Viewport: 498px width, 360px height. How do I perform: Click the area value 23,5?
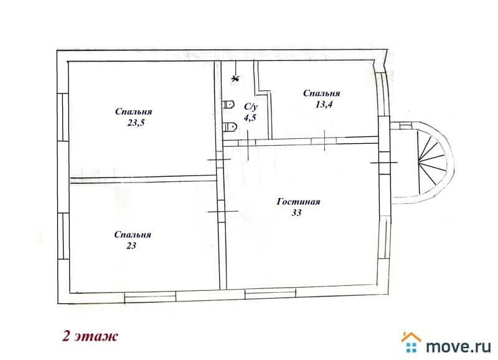[136, 123]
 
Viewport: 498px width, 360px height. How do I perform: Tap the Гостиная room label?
[298, 202]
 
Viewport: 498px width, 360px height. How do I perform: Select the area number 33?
[296, 212]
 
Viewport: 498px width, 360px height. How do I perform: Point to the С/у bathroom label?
[251, 107]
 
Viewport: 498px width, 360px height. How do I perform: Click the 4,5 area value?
[250, 118]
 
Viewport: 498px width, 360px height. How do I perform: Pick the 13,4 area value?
[324, 105]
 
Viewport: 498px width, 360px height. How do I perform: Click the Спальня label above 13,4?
[321, 93]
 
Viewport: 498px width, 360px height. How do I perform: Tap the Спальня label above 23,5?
[133, 111]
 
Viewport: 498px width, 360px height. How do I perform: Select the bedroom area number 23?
[131, 245]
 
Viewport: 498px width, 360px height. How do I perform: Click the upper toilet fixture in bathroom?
[228, 105]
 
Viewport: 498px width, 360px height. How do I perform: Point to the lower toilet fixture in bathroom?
[230, 127]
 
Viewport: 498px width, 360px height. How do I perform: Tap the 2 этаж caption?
[90, 336]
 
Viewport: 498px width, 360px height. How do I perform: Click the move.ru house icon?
[411, 342]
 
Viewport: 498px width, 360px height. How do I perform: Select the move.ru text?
[458, 346]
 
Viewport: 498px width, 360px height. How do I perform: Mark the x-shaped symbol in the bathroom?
[235, 78]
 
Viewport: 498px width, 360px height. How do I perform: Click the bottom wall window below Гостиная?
[270, 294]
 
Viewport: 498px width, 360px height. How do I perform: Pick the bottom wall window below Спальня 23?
[150, 296]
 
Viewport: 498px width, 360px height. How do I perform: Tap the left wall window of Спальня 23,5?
[63, 117]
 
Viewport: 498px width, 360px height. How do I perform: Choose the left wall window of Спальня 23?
[63, 236]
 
